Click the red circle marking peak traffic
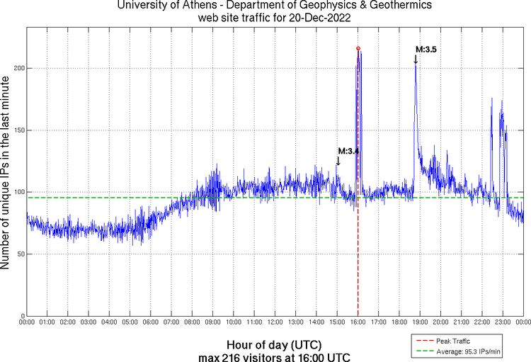(358, 48)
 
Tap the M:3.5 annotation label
(426, 50)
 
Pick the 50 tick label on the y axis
(18, 254)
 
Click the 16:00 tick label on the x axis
(358, 322)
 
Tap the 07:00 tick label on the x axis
(171, 322)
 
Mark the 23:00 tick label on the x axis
(503, 322)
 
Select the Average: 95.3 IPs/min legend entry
(468, 351)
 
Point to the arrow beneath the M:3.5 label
(416, 60)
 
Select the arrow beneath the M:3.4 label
(338, 161)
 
